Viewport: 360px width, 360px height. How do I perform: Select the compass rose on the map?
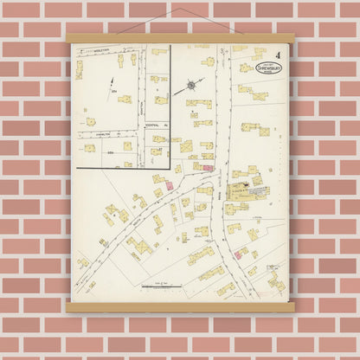click(x=190, y=87)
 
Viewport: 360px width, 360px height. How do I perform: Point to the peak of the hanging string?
click(x=180, y=10)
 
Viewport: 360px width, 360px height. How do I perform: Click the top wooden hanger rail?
click(x=180, y=38)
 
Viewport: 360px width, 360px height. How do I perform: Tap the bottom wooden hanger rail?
click(x=180, y=306)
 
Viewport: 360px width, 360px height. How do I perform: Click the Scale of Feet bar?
click(x=158, y=286)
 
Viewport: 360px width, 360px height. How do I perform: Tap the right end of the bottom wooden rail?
click(x=292, y=306)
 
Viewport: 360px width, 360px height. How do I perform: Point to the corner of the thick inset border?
click(x=170, y=168)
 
